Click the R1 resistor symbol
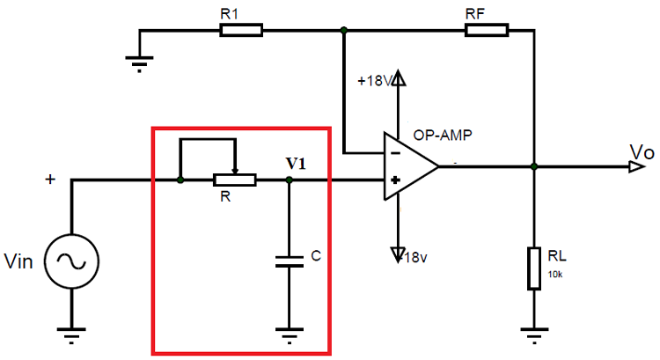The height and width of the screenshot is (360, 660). click(x=240, y=31)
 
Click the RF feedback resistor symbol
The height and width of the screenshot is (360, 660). click(x=487, y=31)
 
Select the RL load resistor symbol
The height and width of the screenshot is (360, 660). click(x=534, y=268)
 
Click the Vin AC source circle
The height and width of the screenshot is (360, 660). click(x=70, y=261)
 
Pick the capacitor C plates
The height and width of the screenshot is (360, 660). click(x=290, y=261)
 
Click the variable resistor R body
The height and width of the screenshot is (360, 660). click(x=234, y=180)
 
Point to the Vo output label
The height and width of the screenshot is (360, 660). click(x=642, y=152)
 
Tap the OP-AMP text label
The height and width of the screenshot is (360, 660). click(x=441, y=135)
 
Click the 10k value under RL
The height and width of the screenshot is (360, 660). click(x=555, y=275)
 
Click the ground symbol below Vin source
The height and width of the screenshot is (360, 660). click(x=70, y=335)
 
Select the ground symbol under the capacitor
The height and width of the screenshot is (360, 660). click(x=290, y=335)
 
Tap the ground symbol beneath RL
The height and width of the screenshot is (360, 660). click(x=534, y=335)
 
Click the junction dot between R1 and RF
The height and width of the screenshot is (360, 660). click(x=344, y=31)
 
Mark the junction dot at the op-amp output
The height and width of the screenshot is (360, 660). click(x=534, y=165)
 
